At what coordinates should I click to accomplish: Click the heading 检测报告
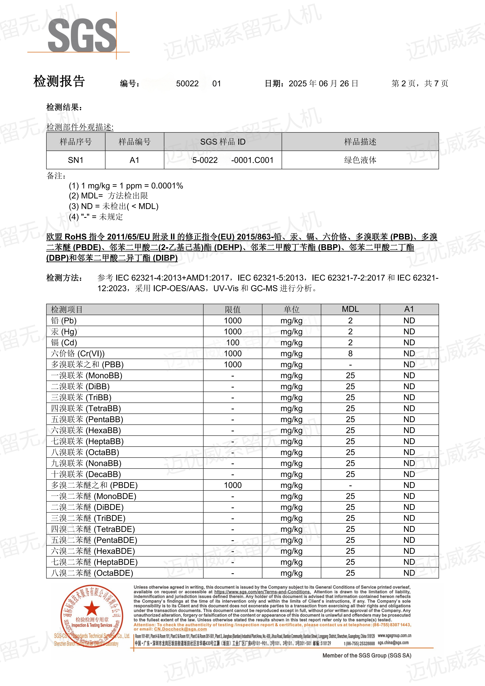click(59, 81)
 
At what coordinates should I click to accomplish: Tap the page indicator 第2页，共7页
click(420, 84)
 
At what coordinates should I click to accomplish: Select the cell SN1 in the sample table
click(76, 160)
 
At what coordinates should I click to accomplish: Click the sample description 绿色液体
click(360, 160)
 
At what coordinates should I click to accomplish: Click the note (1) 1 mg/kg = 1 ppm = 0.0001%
click(126, 186)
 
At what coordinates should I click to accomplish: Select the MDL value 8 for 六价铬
click(350, 354)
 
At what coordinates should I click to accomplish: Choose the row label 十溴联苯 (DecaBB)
click(86, 474)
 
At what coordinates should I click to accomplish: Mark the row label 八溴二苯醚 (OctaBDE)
click(92, 573)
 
